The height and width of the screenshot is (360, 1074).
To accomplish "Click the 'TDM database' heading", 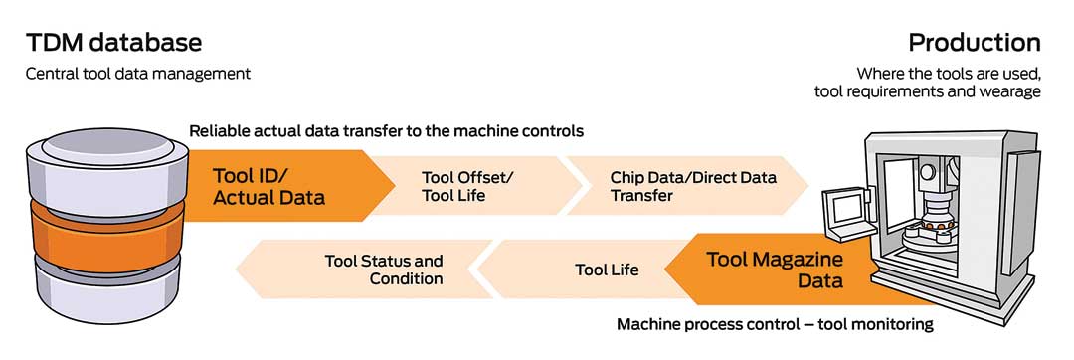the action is [113, 43].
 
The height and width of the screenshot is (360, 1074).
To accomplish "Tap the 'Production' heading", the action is [974, 43].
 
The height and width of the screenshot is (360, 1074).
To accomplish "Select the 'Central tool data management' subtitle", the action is [138, 74].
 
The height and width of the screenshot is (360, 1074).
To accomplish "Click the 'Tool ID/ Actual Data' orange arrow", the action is [287, 186].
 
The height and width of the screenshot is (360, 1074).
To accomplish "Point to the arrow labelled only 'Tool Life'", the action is [582, 270].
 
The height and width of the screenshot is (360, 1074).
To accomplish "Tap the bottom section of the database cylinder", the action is [101, 293].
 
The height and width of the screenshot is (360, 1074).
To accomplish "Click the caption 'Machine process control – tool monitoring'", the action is [775, 324].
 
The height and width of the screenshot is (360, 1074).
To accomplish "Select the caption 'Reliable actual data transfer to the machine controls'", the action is [386, 130].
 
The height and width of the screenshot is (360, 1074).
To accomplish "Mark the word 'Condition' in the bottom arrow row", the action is [406, 279].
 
